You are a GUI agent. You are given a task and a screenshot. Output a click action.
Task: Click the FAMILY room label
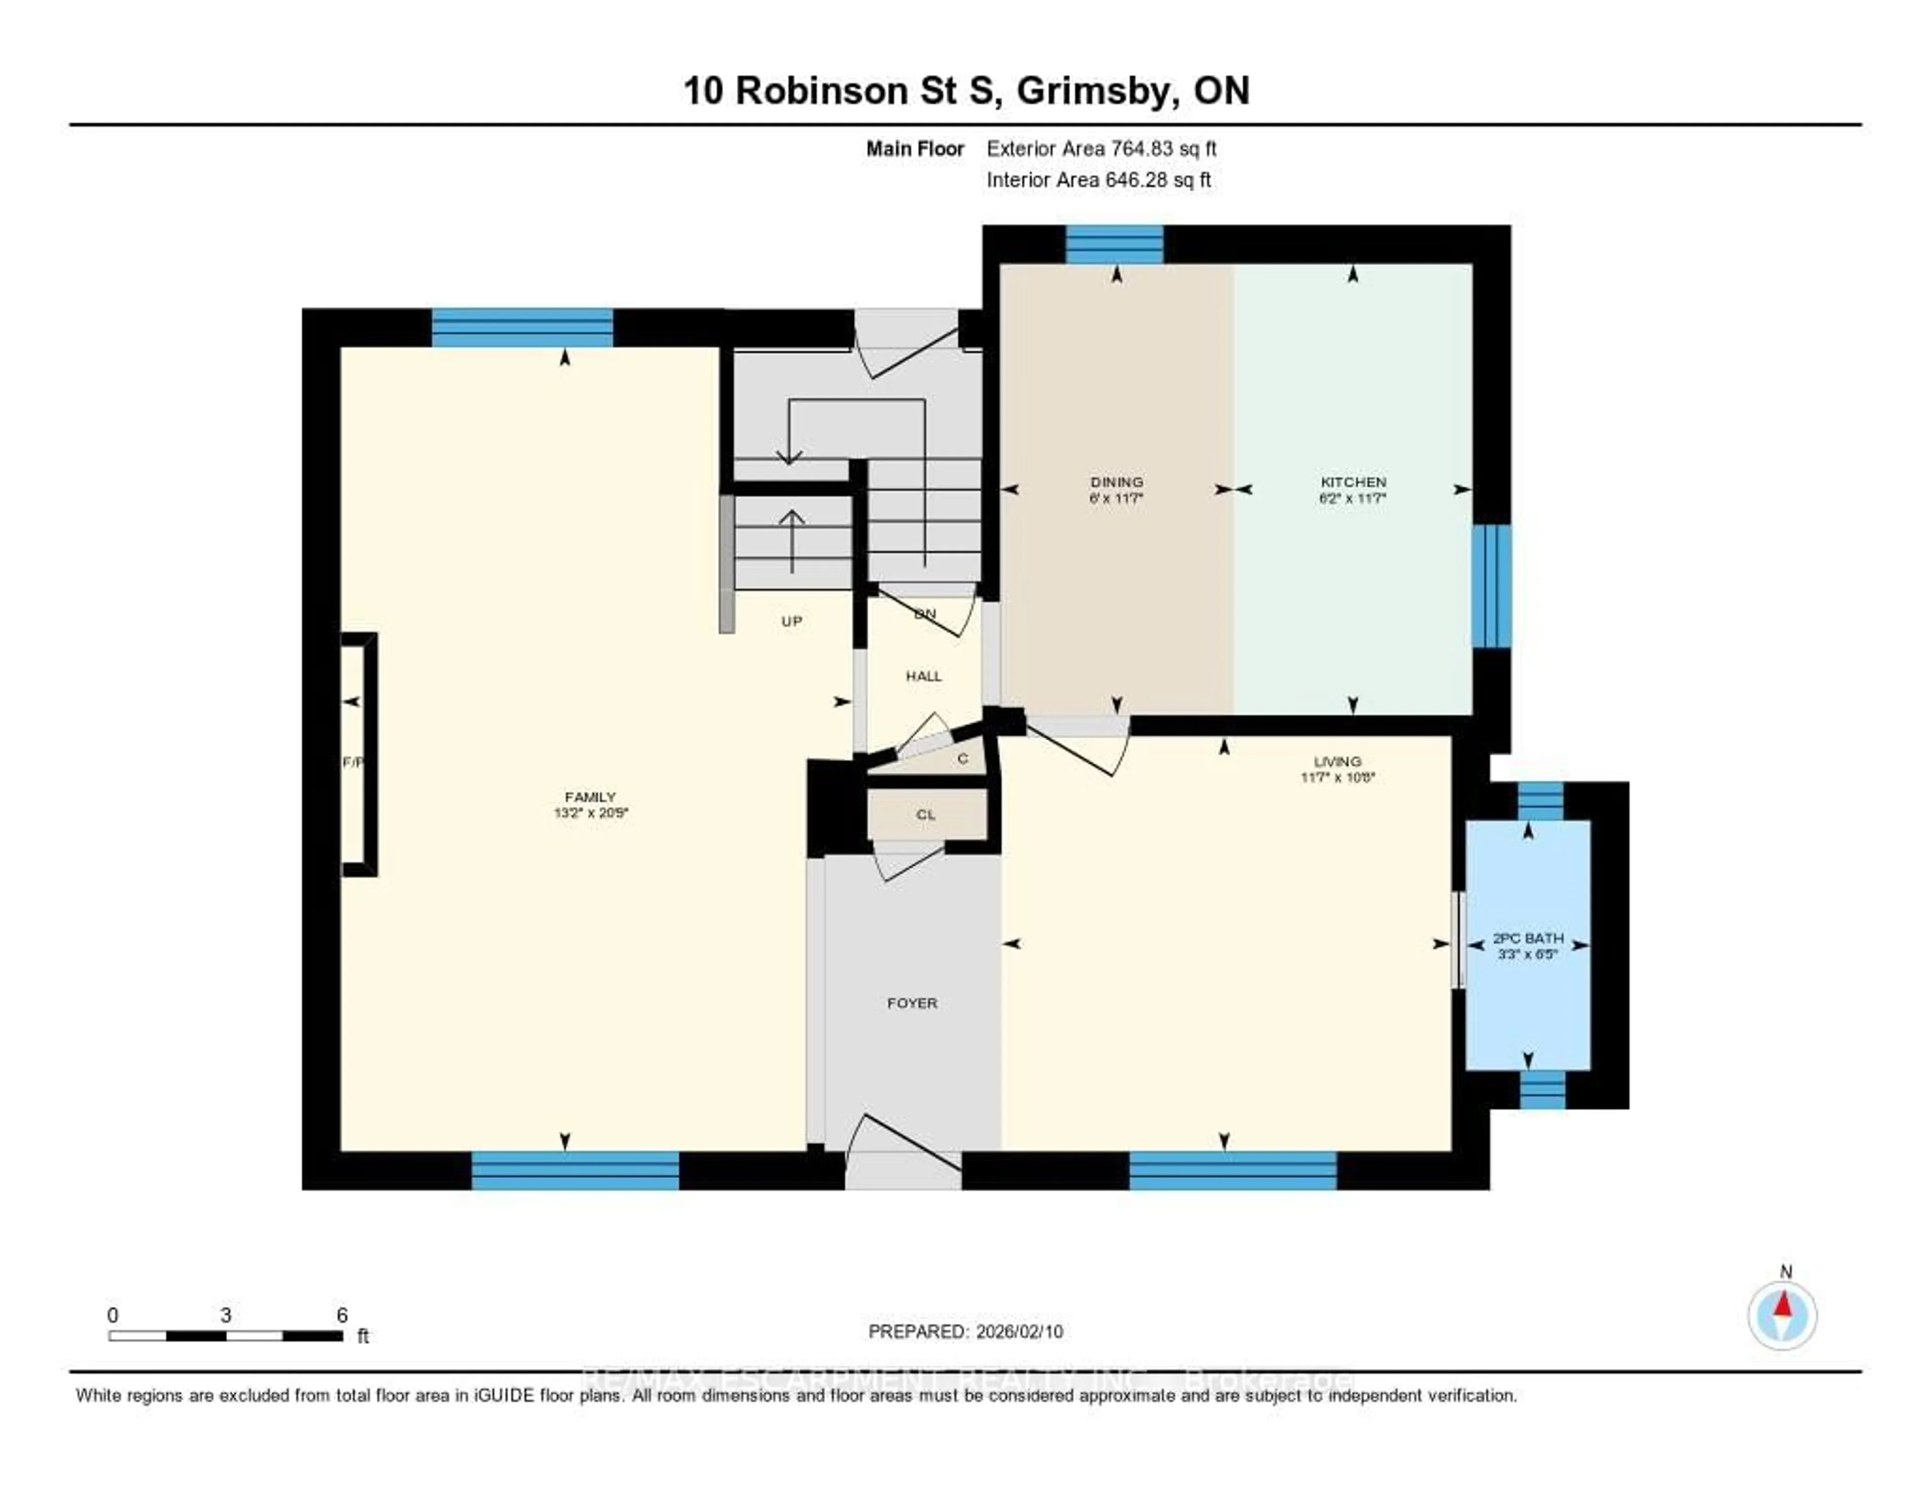590,797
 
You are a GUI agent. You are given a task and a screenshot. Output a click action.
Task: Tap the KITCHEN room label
1353,482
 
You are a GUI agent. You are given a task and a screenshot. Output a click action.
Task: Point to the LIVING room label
1337,762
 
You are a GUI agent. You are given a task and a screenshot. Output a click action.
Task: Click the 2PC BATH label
1528,938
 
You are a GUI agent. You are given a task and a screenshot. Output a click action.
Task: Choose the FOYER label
912,1003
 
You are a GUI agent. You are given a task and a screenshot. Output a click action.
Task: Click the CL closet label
926,814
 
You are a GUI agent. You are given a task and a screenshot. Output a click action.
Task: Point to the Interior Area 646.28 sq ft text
1098,181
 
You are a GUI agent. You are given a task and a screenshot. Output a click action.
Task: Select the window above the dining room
1113,244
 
